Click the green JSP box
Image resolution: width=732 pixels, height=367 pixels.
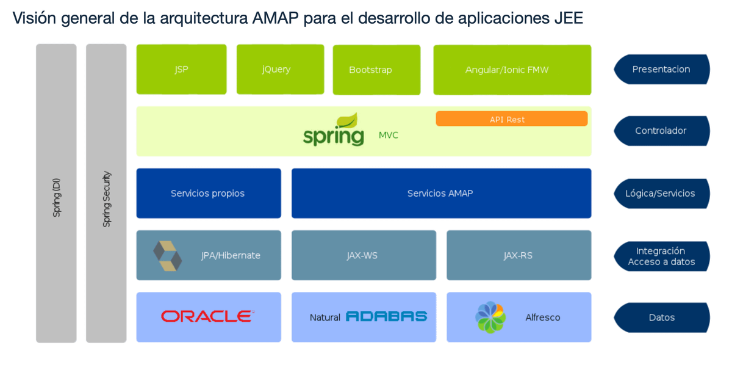(181, 70)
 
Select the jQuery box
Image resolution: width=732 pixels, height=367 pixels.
(281, 70)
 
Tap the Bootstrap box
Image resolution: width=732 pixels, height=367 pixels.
(376, 70)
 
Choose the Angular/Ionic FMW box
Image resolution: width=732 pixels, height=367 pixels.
(512, 70)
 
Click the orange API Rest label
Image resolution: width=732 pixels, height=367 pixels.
(511, 118)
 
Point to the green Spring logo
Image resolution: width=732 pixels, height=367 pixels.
(333, 129)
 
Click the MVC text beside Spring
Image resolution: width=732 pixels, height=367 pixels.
(388, 135)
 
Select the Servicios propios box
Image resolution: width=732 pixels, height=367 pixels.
(209, 194)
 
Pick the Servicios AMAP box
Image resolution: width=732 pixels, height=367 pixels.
(441, 194)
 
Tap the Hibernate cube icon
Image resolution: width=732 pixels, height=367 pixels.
(168, 256)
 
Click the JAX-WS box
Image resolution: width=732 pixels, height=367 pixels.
(364, 255)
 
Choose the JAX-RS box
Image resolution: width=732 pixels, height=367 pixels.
(519, 255)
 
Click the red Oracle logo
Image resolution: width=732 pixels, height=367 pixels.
(207, 316)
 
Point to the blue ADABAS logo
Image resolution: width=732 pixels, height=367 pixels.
(386, 316)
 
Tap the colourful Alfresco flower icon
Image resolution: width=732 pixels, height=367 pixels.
(490, 318)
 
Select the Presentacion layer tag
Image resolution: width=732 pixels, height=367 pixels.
(662, 70)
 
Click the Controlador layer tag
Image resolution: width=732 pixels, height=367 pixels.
(662, 131)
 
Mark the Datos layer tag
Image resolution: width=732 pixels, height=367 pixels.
(662, 318)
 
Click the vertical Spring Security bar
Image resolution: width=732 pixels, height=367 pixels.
(106, 194)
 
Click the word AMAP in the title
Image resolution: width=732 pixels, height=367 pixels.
(276, 18)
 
